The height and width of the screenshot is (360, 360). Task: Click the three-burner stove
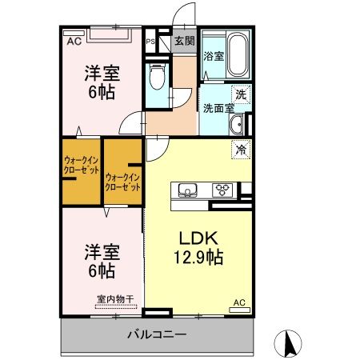pos(222,190)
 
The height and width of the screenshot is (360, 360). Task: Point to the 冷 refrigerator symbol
pos(239,149)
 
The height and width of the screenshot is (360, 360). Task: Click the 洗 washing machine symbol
pos(240,94)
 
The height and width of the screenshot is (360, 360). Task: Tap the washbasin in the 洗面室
pos(238,126)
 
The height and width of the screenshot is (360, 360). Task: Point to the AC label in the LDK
pos(238,302)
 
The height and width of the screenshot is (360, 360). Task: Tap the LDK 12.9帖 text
pos(194,248)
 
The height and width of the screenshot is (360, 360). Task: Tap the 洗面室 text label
pos(217,107)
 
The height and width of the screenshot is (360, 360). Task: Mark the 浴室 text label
pos(213,57)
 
